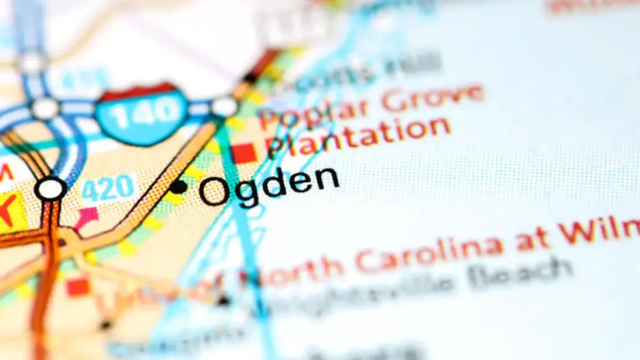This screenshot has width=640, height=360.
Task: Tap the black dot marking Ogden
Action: (179, 187)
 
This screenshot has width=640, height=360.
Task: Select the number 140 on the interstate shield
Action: (142, 113)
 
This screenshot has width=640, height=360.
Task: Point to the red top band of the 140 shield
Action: (140, 92)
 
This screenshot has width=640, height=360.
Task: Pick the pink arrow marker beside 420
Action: (87, 217)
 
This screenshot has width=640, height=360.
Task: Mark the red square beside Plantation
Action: (245, 154)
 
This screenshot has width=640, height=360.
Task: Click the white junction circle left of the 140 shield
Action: (45, 108)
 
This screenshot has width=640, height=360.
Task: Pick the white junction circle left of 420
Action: (51, 189)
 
